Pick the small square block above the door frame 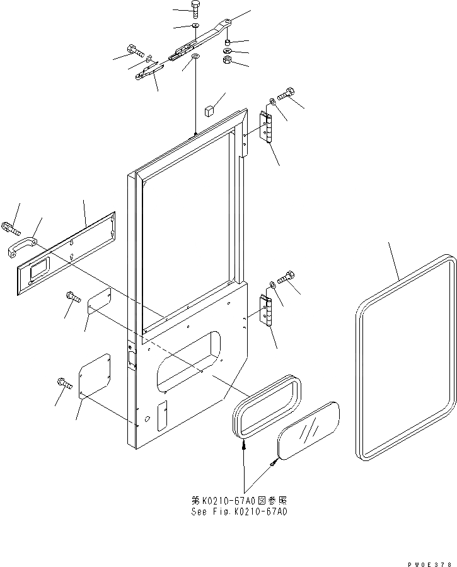pos(207,112)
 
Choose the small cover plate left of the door pos(99,301)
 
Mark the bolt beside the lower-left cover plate pos(64,382)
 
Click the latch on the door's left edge pos(132,357)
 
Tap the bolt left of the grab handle pos(10,225)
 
